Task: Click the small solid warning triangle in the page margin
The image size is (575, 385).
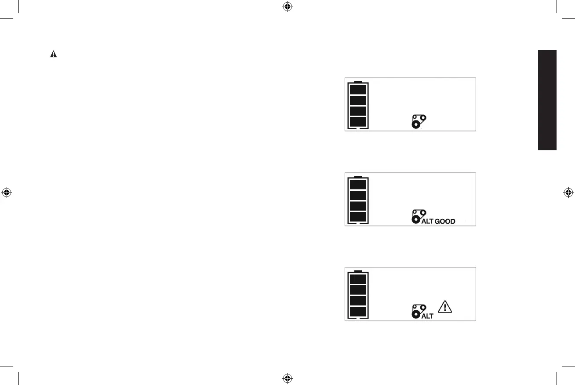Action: (53, 54)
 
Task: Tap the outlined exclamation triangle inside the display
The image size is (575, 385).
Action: (445, 306)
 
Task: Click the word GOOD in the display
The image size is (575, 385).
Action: (444, 221)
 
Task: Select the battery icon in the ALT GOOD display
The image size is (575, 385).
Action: (358, 200)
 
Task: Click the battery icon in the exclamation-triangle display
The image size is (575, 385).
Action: (358, 294)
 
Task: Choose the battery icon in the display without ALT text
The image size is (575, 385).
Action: (358, 105)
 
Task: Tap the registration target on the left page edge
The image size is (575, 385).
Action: (6, 192)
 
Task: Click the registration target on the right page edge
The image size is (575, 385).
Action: (568, 192)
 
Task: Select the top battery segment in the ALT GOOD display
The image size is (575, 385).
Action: (358, 184)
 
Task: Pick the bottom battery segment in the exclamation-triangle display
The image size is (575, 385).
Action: (358, 312)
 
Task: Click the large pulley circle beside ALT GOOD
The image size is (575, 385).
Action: (415, 219)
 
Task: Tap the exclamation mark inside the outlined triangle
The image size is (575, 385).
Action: (445, 307)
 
